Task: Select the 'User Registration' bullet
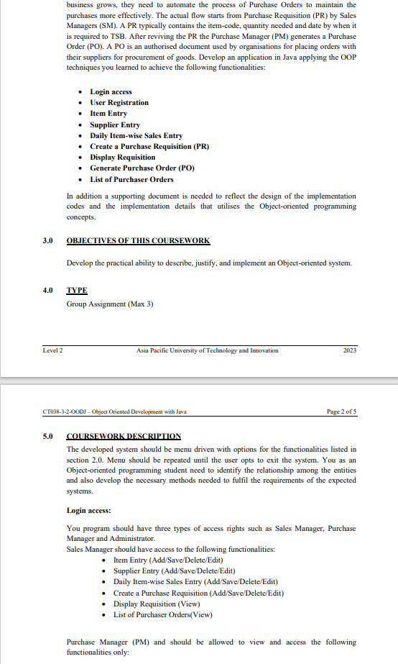point(119,102)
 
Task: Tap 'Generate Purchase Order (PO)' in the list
point(142,168)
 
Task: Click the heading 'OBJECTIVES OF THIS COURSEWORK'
point(138,240)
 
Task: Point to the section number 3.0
point(48,240)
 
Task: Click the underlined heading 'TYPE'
point(77,291)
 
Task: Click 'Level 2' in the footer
point(53,350)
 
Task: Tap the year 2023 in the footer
point(350,350)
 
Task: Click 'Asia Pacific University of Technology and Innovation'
point(207,350)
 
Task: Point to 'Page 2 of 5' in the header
point(341,411)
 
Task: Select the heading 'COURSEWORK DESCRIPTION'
point(124,436)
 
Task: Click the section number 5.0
point(48,436)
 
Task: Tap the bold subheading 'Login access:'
point(88,509)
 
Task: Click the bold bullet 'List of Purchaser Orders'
point(131,179)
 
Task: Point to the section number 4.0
point(48,291)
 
